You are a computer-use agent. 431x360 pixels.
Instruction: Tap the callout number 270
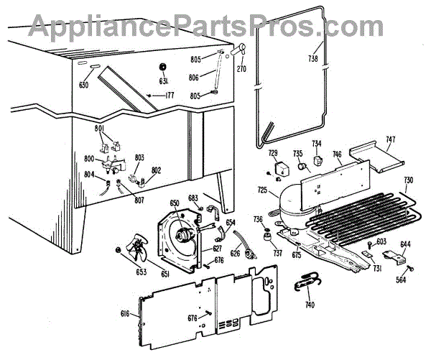tap(241, 70)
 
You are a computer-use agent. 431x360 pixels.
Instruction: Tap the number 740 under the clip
tap(310, 305)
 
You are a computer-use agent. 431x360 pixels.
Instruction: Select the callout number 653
tap(121, 272)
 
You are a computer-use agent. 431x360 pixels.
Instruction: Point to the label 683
tap(193, 198)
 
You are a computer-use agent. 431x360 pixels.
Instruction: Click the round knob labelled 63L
tap(162, 68)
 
